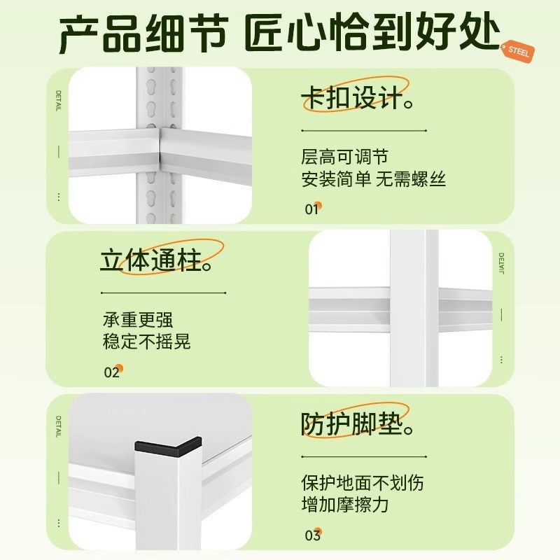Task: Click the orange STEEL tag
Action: tap(519, 50)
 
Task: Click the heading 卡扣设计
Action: tap(354, 99)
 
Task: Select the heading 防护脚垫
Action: tap(354, 424)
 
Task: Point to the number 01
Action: tap(311, 209)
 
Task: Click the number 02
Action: tap(112, 372)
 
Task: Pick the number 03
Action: tap(312, 535)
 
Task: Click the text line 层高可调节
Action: tap(344, 157)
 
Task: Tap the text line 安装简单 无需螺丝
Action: tap(373, 180)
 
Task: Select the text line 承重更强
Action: tap(138, 320)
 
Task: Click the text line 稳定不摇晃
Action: tap(146, 342)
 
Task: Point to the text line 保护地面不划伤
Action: tap(362, 483)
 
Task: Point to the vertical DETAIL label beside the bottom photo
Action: tap(59, 426)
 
